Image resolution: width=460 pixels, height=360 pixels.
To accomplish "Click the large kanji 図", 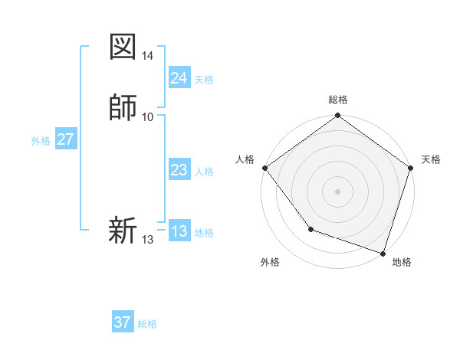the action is coord(123,47).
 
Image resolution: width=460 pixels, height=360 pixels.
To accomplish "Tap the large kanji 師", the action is coord(123,108).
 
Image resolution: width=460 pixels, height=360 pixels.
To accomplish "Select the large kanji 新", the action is coord(123,231).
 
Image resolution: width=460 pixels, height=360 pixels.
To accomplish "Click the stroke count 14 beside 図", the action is coord(148,56).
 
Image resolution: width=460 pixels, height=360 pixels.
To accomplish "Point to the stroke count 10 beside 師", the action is coord(148,116).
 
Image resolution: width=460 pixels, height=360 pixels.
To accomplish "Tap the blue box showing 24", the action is coord(179,78).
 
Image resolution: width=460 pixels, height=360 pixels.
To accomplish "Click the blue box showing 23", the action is coord(179,171).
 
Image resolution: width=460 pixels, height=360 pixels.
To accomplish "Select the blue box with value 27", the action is coord(65,139).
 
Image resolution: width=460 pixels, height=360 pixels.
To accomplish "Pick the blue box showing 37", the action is coord(122,322).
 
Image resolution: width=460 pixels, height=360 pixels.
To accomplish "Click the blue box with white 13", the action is coord(179,231).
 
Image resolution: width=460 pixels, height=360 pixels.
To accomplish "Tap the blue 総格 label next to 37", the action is coord(147,324).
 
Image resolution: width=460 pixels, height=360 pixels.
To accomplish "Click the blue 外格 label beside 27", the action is coord(41,141).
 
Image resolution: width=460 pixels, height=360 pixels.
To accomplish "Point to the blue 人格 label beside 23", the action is coord(204,172).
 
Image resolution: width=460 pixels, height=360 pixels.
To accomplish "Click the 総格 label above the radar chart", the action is coord(337,100).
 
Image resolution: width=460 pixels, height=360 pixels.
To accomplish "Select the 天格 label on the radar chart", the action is coord(431,159).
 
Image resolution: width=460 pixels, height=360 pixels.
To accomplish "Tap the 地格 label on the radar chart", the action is coord(402,262).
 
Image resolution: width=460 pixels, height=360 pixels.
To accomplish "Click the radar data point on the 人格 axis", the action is coord(264,168).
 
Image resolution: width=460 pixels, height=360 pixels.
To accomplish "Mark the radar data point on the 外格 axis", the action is coord(310,228).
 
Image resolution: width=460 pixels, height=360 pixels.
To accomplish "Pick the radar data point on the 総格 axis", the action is coord(337,116).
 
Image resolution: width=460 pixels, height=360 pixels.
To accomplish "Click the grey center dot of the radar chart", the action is coord(337,191).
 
